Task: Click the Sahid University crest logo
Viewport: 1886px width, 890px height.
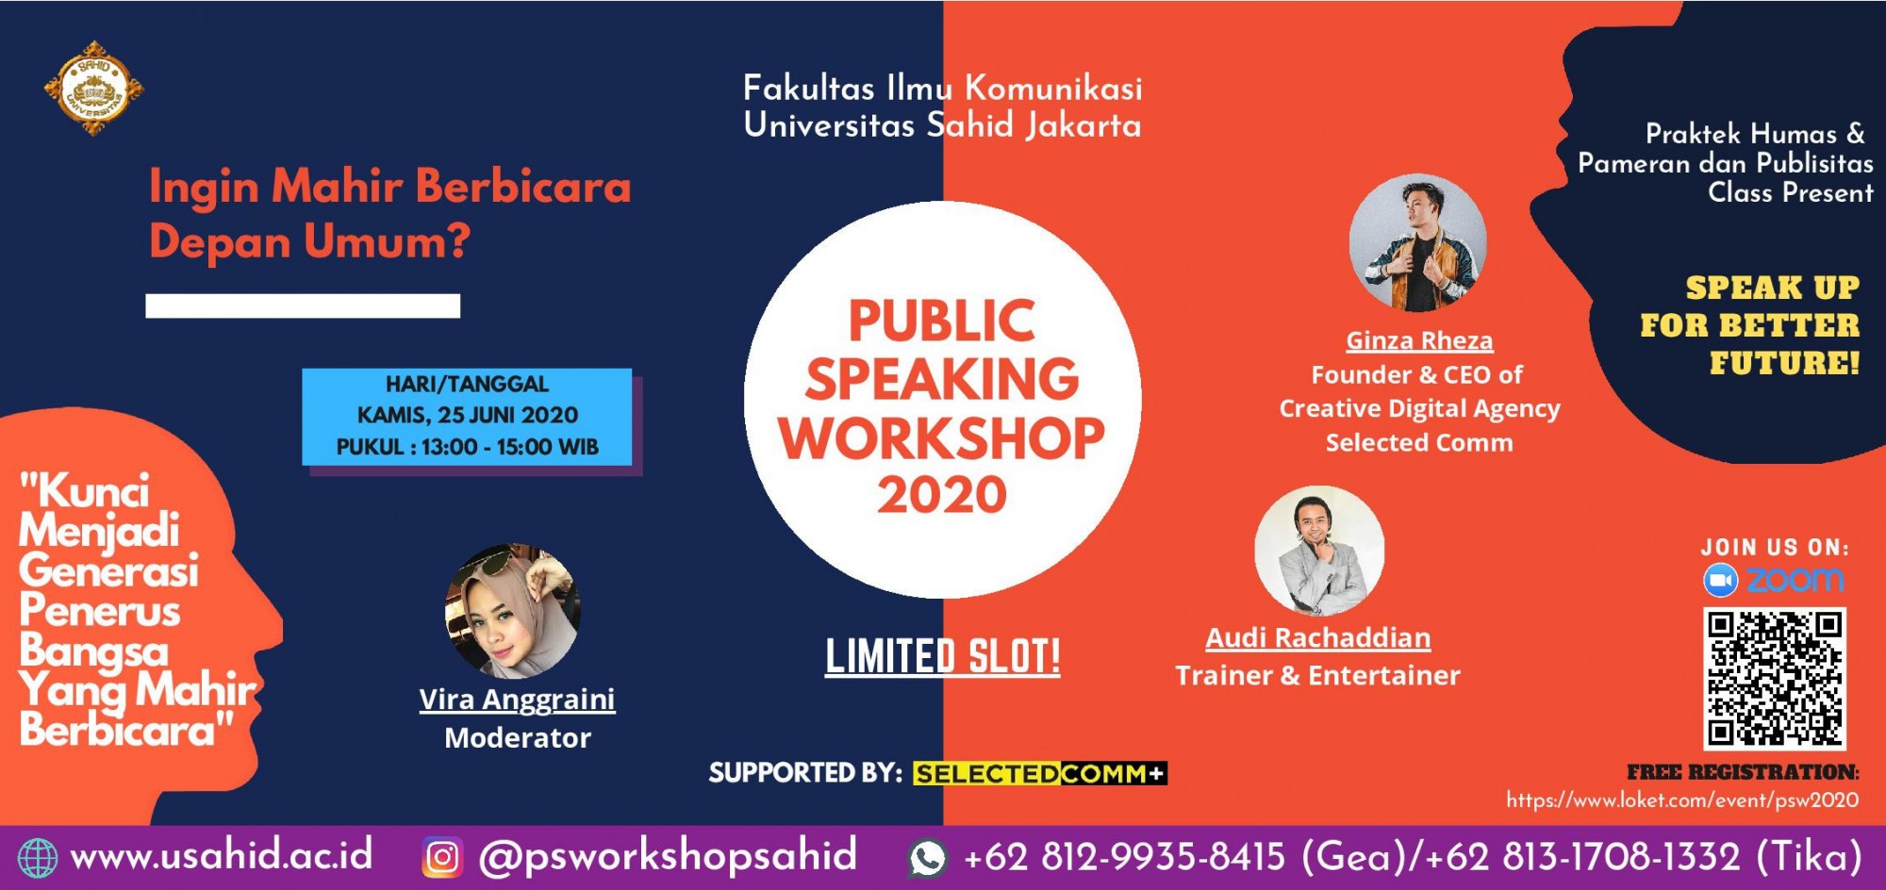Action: tap(93, 89)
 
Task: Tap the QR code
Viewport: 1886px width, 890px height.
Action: tap(1774, 678)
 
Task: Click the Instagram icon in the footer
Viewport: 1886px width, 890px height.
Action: tap(442, 857)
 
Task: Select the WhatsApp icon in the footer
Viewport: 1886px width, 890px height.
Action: tap(927, 858)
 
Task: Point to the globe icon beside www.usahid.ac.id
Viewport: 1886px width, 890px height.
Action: tap(38, 858)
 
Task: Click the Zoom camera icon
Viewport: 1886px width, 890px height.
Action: tap(1720, 580)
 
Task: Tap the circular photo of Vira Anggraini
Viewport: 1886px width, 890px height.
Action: tap(513, 611)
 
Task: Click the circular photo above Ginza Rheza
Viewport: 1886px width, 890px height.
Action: tap(1417, 242)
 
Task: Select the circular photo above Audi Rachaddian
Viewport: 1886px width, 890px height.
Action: tap(1319, 551)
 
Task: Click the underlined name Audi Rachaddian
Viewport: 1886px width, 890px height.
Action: tap(1317, 638)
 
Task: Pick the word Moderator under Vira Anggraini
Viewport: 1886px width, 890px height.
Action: tap(518, 737)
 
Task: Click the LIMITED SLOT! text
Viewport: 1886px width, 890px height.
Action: tap(943, 656)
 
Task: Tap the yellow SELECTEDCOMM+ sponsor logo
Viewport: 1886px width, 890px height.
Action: tap(1039, 774)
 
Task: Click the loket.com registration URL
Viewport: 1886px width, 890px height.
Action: tap(1682, 800)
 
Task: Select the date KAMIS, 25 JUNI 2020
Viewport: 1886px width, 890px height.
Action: tap(468, 415)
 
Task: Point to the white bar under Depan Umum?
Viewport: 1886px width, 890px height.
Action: tap(303, 305)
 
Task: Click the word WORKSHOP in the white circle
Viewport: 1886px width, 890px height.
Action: tap(942, 437)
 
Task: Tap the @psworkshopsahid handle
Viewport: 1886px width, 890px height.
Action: tap(668, 856)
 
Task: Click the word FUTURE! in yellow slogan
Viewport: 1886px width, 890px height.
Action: tap(1784, 363)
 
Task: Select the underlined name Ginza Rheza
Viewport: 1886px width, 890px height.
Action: tap(1419, 341)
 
